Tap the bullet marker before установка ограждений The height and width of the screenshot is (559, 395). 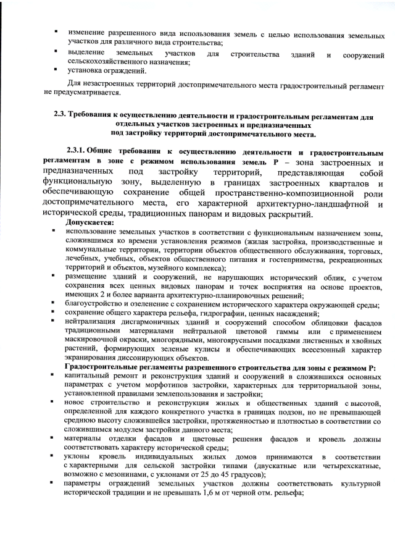click(x=56, y=72)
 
